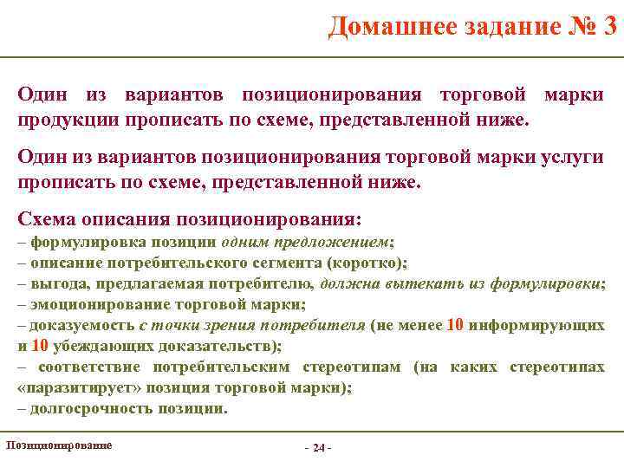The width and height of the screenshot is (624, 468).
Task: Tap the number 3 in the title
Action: point(611,26)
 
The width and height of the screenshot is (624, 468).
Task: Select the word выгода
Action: point(60,283)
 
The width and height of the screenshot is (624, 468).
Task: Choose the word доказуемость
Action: point(82,326)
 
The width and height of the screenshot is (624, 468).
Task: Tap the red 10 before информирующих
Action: point(456,326)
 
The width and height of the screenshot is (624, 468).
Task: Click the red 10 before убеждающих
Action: point(40,346)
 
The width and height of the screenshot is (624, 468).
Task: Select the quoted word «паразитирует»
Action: point(71,387)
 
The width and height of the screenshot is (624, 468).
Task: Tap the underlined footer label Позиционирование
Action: point(58,445)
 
